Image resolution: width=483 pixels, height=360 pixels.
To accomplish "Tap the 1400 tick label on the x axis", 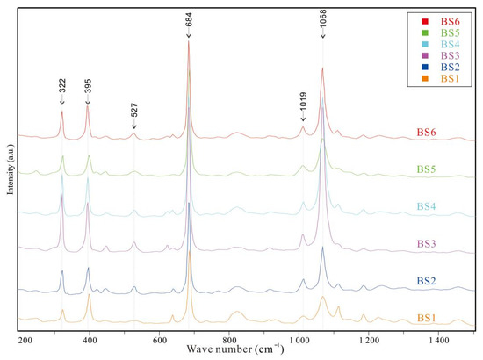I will pyautogui.click(x=436, y=339).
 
